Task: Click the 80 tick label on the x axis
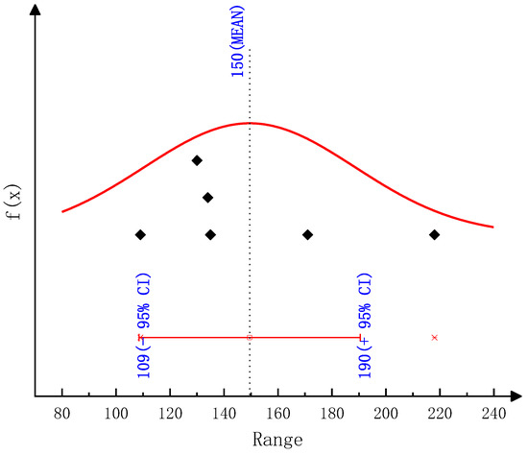click(62, 414)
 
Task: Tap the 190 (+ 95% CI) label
click(365, 325)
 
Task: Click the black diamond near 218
click(434, 234)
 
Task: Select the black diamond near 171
click(307, 234)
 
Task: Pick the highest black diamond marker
click(197, 160)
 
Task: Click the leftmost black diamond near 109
click(140, 234)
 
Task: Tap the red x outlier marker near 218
click(435, 337)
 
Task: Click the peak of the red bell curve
click(250, 123)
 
